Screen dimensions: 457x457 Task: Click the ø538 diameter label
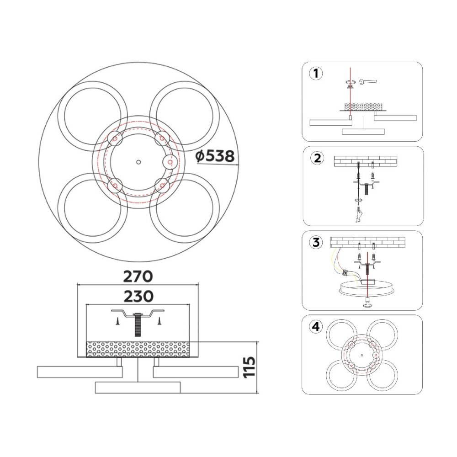(x=215, y=156)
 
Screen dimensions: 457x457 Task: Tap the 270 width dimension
(x=138, y=276)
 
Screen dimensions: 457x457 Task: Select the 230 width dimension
(x=138, y=297)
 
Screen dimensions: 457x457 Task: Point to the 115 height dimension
(x=250, y=367)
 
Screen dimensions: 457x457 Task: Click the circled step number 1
(x=316, y=74)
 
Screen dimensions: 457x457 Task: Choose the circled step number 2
(x=317, y=158)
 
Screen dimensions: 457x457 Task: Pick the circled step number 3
(x=316, y=242)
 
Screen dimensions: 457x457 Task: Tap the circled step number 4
(x=316, y=327)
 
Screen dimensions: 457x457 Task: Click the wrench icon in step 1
(x=368, y=82)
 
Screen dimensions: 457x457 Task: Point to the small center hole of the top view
(x=138, y=162)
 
